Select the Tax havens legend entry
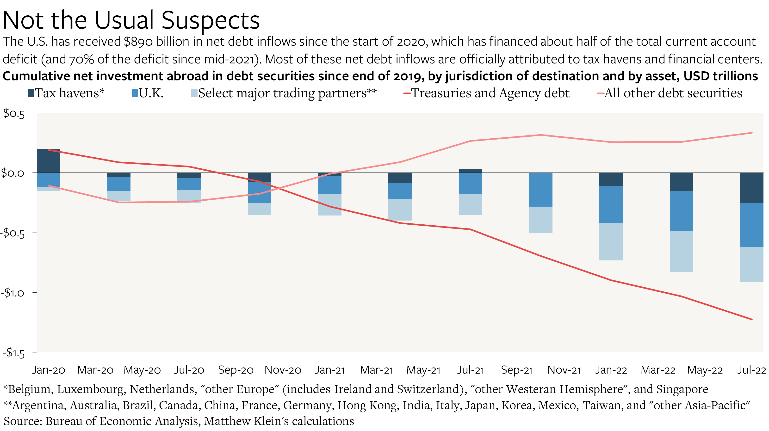click(66, 93)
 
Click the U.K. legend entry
click(148, 93)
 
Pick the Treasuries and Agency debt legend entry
click(487, 93)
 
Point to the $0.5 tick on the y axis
click(14, 114)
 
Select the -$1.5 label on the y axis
click(13, 353)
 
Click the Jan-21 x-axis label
click(329, 370)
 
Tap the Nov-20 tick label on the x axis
click(283, 370)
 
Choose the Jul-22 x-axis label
click(751, 370)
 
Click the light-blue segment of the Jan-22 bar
click(611, 242)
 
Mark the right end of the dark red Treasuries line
click(751, 319)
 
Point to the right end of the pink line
click(751, 133)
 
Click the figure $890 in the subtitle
click(138, 42)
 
